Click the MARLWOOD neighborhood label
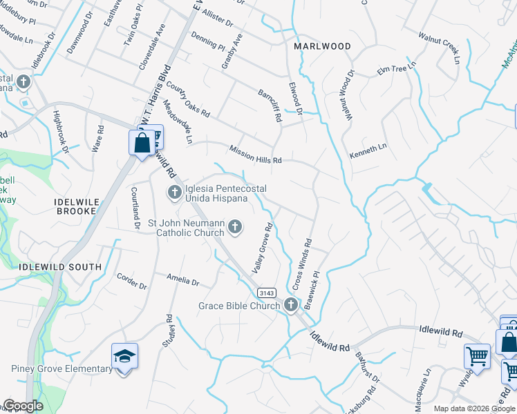point(322,46)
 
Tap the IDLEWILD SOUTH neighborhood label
point(62,267)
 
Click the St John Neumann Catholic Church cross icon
point(236,226)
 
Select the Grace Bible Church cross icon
point(291,305)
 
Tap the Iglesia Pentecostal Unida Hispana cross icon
point(174,191)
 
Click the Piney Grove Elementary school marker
point(125,357)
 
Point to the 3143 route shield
point(268,293)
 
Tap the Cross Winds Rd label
point(299,265)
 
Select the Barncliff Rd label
point(270,106)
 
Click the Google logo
point(23,406)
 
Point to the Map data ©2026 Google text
point(474,408)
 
